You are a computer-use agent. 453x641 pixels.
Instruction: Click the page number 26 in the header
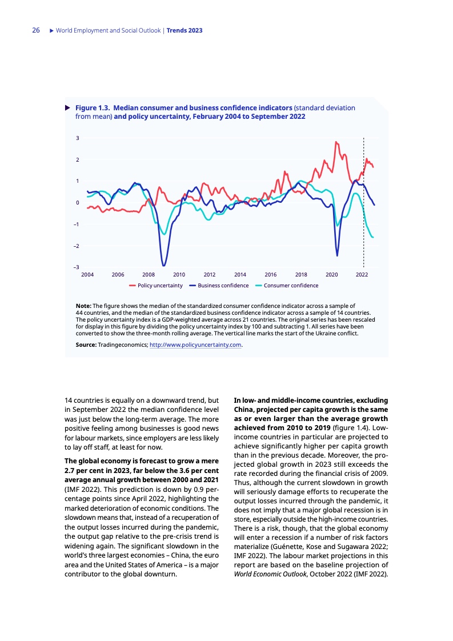click(x=35, y=30)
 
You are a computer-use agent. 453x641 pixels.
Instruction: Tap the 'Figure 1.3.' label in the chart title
click(x=94, y=107)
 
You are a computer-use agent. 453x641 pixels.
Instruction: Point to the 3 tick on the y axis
click(x=77, y=138)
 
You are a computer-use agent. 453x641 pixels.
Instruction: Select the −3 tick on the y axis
click(x=76, y=267)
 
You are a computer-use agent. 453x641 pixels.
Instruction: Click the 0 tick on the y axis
click(x=77, y=203)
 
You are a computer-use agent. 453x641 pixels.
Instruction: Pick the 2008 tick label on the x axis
click(x=149, y=275)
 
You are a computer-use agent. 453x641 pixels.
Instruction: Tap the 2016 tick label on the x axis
click(x=270, y=275)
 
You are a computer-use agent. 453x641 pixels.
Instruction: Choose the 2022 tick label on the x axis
click(x=362, y=275)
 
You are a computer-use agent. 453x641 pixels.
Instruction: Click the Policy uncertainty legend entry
click(x=159, y=285)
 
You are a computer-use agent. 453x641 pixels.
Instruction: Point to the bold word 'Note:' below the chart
click(x=83, y=306)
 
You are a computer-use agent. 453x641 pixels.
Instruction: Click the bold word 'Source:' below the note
click(x=87, y=344)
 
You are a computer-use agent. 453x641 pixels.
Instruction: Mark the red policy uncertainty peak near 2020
click(x=336, y=142)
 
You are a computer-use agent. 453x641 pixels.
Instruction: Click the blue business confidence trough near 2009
click(x=164, y=266)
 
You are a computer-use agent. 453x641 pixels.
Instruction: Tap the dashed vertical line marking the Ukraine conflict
click(x=364, y=200)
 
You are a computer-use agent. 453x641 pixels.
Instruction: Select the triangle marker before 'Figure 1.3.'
click(x=67, y=107)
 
